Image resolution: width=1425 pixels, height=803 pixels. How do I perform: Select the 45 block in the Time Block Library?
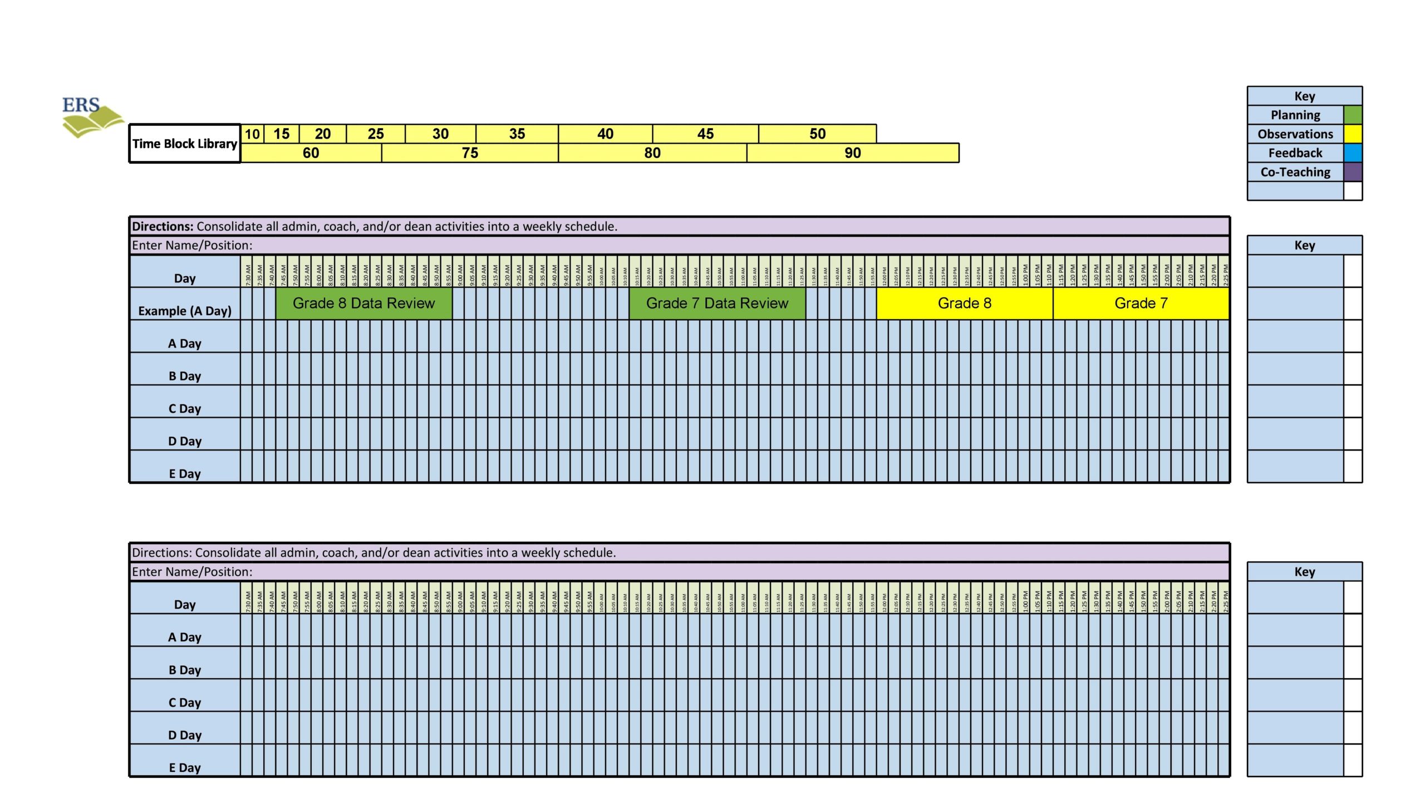tap(705, 134)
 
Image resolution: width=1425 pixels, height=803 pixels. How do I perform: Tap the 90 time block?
tap(852, 153)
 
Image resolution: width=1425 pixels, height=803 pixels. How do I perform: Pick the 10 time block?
tap(252, 134)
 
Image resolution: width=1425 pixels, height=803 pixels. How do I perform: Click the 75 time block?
tap(470, 153)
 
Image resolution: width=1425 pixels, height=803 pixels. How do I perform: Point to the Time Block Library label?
tap(185, 144)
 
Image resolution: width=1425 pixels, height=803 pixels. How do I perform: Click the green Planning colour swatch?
tap(1353, 115)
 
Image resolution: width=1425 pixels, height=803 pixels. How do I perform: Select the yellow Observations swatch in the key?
tap(1353, 134)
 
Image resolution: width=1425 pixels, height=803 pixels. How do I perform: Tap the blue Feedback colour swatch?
tap(1353, 153)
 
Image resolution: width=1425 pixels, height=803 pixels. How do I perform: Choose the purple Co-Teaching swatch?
tap(1353, 172)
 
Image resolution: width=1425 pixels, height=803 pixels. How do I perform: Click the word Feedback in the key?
tap(1295, 153)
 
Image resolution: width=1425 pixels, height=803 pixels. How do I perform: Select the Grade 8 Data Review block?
tap(363, 303)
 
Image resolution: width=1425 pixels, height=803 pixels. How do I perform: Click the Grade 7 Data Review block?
tap(717, 303)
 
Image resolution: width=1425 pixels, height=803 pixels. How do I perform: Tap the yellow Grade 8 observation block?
tap(964, 303)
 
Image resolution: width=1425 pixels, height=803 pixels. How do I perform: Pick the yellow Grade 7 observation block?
tap(1141, 303)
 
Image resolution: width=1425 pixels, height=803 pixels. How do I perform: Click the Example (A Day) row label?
tap(185, 311)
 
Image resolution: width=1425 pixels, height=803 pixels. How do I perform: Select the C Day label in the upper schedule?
tap(185, 408)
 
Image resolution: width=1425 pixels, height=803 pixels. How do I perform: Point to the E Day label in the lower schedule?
tap(185, 767)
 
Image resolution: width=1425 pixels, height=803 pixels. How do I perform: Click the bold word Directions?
tap(163, 226)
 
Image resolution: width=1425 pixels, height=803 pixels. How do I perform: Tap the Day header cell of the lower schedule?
tap(185, 604)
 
